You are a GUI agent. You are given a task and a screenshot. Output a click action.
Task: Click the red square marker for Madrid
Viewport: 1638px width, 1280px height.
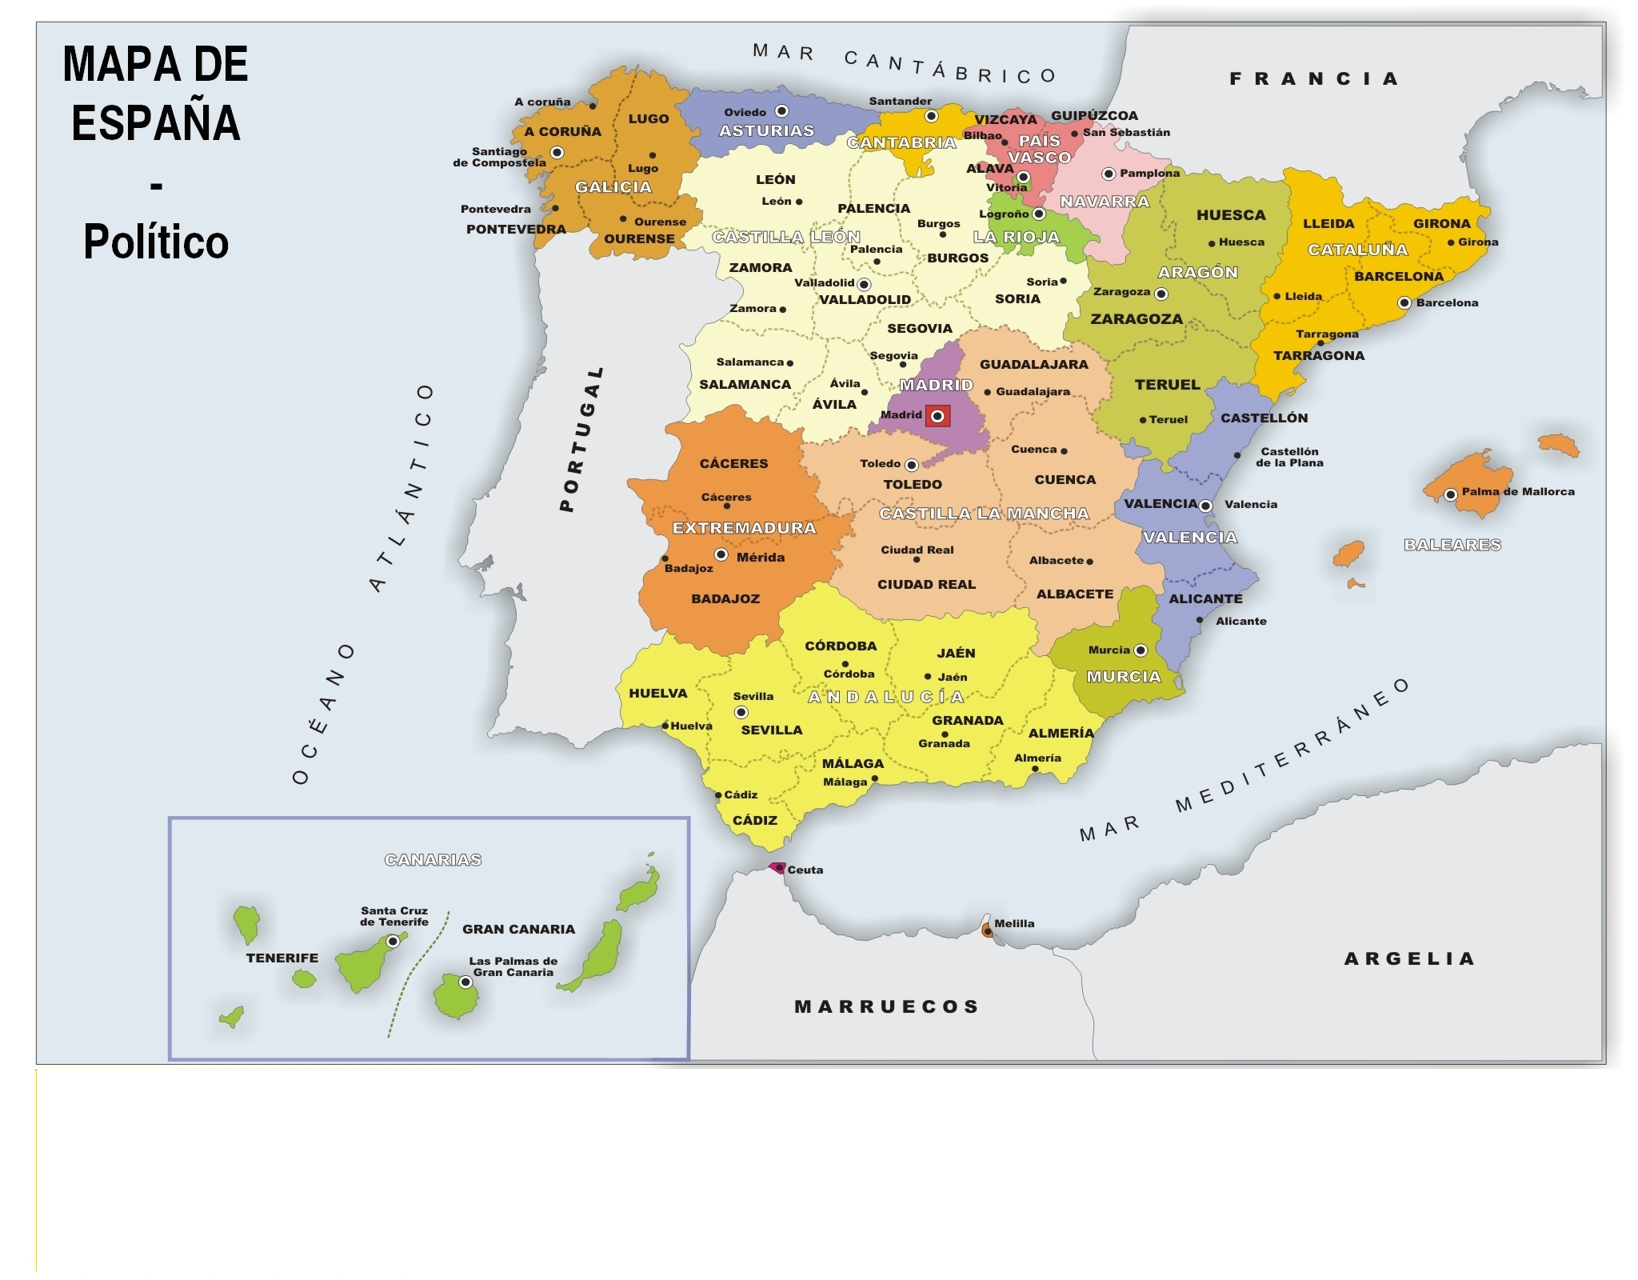tap(937, 416)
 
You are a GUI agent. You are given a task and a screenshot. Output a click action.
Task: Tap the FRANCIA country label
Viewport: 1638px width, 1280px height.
tap(1313, 78)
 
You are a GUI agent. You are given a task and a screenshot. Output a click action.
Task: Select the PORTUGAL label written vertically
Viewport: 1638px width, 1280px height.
tap(581, 439)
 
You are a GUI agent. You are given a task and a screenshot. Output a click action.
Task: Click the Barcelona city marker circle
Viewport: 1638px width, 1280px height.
tap(1404, 302)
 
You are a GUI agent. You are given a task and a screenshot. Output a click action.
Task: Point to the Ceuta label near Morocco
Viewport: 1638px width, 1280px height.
tap(805, 870)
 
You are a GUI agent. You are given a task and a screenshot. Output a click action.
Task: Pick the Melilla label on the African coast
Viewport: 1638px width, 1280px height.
tap(1014, 923)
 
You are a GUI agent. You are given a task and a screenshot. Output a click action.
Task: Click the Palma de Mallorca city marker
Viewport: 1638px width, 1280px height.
tap(1450, 494)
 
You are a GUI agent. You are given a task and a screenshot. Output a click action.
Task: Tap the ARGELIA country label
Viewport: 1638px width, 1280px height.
tap(1409, 958)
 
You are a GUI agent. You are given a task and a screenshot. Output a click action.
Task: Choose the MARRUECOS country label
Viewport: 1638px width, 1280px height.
tap(886, 1006)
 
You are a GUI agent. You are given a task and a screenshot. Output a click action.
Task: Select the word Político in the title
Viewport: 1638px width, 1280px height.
tap(156, 242)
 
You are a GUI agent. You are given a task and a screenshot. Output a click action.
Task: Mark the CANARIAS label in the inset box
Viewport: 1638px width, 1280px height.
tap(433, 860)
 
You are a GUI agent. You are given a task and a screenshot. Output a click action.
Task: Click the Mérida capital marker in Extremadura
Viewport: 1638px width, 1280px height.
tap(721, 554)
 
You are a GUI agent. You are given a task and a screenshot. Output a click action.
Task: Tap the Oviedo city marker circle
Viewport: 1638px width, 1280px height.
tap(782, 110)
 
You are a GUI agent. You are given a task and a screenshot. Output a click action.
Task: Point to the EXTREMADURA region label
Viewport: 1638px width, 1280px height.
tap(744, 528)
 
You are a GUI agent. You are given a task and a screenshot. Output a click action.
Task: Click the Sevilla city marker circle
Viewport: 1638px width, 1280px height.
tap(741, 712)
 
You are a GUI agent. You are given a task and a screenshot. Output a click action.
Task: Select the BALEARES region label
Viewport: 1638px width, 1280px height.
tap(1452, 545)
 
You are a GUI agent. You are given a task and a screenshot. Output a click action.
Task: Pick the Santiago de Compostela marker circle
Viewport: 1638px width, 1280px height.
tap(557, 152)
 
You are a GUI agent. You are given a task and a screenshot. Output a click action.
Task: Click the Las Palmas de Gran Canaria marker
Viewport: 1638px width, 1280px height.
tap(465, 982)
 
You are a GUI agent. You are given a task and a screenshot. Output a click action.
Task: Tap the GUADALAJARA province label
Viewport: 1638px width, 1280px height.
tap(1033, 364)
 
